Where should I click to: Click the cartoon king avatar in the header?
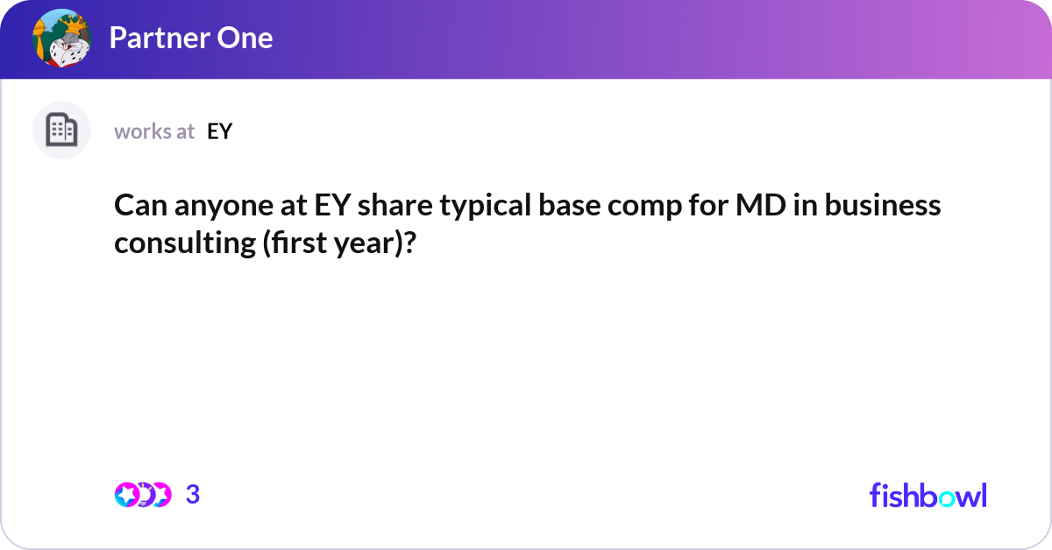(62, 39)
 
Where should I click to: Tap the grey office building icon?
(61, 130)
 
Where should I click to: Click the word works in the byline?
(141, 131)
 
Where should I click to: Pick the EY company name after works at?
(219, 131)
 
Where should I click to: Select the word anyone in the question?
(216, 205)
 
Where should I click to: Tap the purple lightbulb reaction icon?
(144, 495)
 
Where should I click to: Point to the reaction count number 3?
(193, 495)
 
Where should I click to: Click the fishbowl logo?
(928, 495)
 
